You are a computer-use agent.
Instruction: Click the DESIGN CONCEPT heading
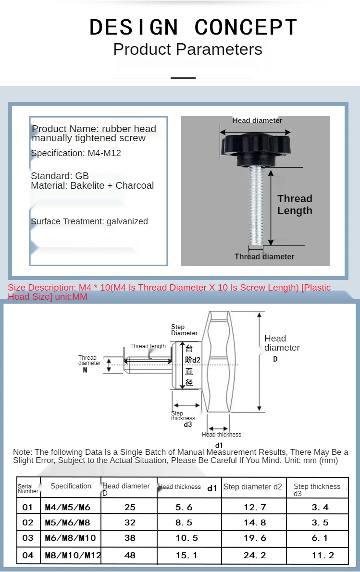(x=194, y=27)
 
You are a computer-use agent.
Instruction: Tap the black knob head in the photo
(x=255, y=146)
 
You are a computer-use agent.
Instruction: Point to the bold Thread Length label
(x=295, y=205)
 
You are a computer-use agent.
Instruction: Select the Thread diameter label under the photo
(x=264, y=257)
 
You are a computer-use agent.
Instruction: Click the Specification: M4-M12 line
(x=76, y=153)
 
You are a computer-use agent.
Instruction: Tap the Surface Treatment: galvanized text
(x=89, y=221)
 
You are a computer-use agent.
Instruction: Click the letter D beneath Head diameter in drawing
(x=275, y=359)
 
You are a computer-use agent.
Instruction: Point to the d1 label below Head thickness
(x=219, y=445)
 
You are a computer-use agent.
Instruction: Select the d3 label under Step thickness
(x=188, y=425)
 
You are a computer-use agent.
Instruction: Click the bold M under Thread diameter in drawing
(x=85, y=370)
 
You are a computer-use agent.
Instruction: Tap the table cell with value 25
(x=130, y=507)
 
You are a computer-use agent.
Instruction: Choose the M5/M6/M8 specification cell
(x=67, y=523)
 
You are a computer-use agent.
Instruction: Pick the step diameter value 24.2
(x=255, y=555)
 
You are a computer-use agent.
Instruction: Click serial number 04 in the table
(x=28, y=555)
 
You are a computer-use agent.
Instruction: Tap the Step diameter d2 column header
(x=253, y=487)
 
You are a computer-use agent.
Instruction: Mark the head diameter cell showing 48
(x=130, y=555)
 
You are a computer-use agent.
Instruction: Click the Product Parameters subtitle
(x=187, y=49)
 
